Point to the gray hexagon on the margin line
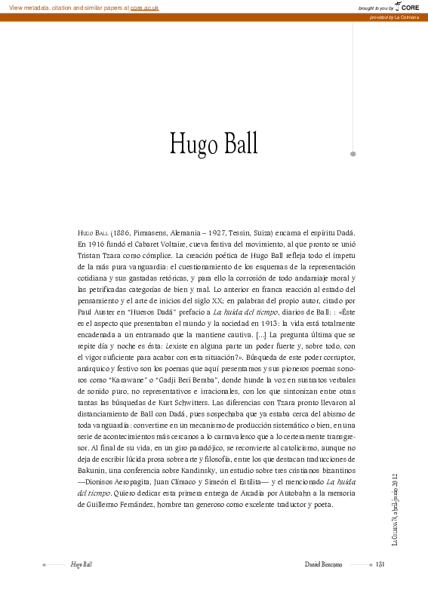tap(353, 154)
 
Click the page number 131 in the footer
tap(381, 564)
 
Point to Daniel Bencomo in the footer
tap(324, 564)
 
